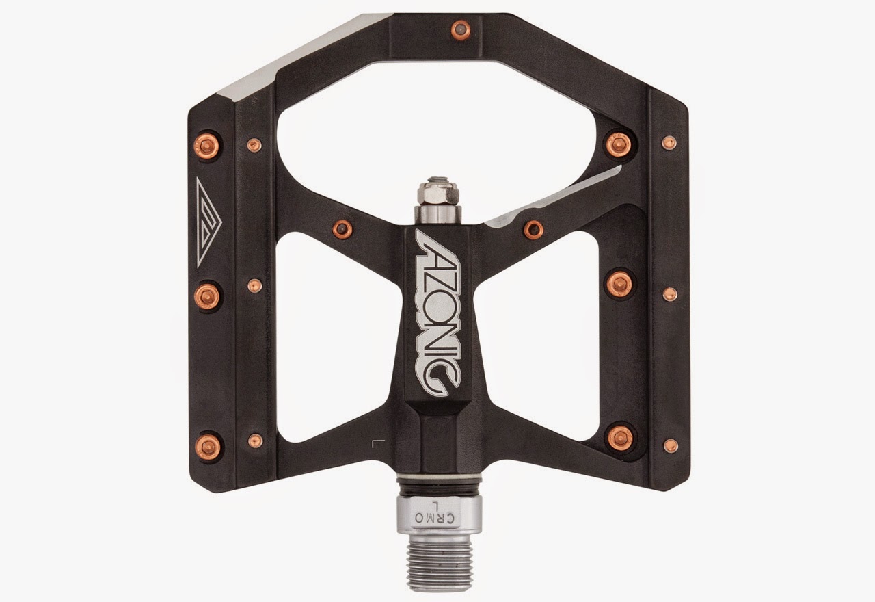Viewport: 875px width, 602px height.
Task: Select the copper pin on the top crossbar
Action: [x=459, y=29]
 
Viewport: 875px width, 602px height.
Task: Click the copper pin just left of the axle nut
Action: [x=342, y=228]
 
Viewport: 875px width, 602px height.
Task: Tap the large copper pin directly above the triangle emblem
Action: [x=208, y=144]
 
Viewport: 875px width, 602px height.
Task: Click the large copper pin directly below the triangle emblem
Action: [x=208, y=296]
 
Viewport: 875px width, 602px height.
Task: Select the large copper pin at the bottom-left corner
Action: [x=208, y=445]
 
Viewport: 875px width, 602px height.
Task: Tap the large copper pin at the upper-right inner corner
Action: [x=619, y=145]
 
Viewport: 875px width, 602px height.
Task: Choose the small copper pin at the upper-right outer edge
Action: [x=669, y=143]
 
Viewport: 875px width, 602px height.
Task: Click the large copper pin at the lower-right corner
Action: [x=620, y=436]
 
